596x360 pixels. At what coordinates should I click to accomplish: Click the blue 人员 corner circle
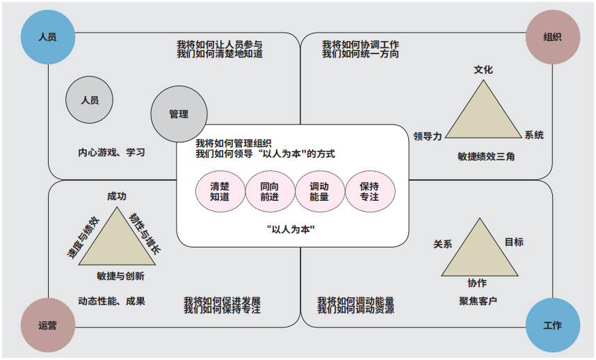click(x=47, y=37)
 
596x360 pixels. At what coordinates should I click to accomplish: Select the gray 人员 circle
click(x=90, y=100)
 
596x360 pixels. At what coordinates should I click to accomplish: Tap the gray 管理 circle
click(x=179, y=114)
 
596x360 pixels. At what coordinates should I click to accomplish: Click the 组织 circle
click(x=552, y=37)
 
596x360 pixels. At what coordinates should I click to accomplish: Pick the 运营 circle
click(x=47, y=325)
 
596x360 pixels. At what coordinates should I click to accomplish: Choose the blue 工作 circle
click(x=552, y=325)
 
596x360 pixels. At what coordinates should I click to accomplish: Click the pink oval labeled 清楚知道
click(x=220, y=191)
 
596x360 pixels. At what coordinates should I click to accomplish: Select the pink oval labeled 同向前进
click(x=269, y=191)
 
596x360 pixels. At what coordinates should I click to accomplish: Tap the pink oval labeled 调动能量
click(x=319, y=191)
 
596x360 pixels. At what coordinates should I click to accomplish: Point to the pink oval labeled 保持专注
click(x=369, y=191)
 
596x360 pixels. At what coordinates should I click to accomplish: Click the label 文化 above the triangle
click(x=483, y=70)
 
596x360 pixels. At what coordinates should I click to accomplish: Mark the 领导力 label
click(x=428, y=136)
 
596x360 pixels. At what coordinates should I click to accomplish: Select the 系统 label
click(x=534, y=135)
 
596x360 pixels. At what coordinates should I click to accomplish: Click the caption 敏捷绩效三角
click(x=486, y=156)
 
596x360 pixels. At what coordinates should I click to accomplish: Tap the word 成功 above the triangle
click(x=117, y=197)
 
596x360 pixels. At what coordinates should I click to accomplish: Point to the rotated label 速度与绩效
click(x=83, y=238)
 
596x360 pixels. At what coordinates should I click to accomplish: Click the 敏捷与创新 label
click(x=121, y=276)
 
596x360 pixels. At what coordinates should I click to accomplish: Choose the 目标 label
click(x=514, y=242)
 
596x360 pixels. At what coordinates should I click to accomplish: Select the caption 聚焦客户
click(x=478, y=301)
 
